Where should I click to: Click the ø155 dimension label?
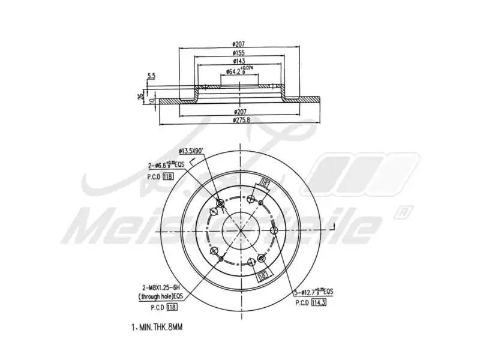tap(239, 53)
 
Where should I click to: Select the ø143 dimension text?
tap(239, 62)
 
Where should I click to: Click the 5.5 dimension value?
tap(151, 76)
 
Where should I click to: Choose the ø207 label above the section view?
tap(239, 43)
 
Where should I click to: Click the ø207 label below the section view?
tap(239, 112)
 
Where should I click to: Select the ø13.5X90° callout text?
tap(191, 151)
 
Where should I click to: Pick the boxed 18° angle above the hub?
tap(264, 184)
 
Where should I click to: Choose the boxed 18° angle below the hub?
tap(262, 275)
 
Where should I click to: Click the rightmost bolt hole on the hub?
tap(273, 230)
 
